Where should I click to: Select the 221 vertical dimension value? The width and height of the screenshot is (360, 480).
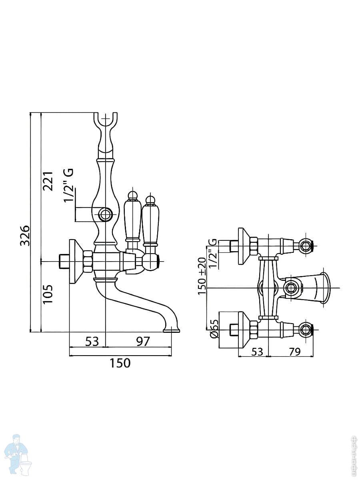[48, 181]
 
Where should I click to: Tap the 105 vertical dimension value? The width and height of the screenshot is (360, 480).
[48, 294]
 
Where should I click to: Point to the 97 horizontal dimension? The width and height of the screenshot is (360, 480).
[143, 341]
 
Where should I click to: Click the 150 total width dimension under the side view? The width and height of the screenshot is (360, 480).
[120, 363]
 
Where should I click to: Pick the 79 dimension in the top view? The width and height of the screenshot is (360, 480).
[294, 352]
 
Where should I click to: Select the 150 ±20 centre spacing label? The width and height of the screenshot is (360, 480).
[202, 276]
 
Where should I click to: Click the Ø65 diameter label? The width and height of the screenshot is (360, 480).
[214, 329]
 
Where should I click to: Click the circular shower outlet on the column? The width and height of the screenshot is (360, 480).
[106, 214]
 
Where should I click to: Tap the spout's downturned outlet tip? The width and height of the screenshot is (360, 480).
[172, 330]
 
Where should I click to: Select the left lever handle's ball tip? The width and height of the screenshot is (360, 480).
[132, 195]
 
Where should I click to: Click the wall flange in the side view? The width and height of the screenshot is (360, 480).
[73, 261]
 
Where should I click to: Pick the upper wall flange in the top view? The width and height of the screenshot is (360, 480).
[241, 246]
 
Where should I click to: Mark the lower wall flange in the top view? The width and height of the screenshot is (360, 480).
[241, 330]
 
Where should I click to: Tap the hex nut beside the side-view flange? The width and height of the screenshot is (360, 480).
[88, 261]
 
